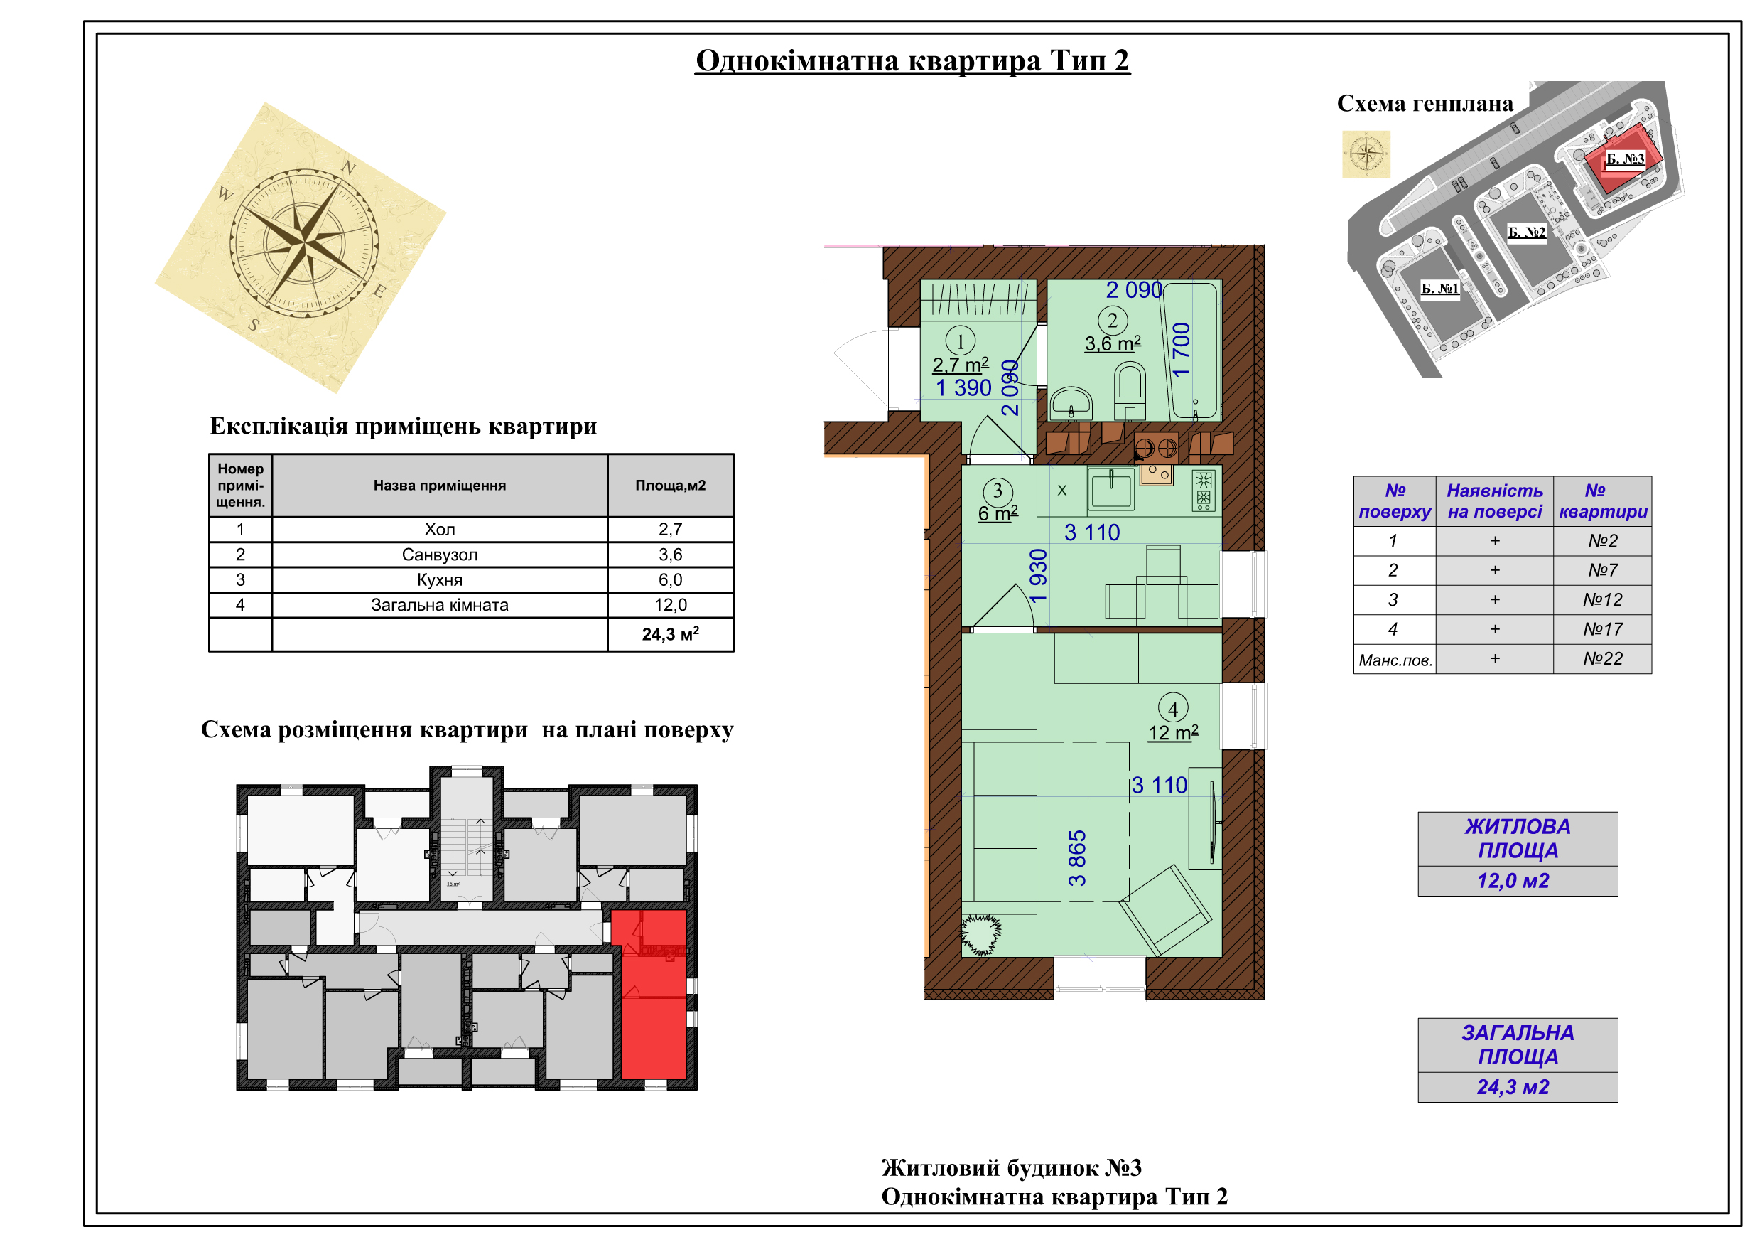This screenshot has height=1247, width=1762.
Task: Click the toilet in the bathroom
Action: [x=1130, y=391]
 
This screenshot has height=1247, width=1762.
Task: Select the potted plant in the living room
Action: [x=980, y=934]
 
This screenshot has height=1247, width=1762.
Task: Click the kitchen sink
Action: [x=1110, y=489]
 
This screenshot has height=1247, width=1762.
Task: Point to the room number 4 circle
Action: [x=1172, y=708]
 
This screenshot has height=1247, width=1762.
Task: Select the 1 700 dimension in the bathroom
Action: [x=1181, y=349]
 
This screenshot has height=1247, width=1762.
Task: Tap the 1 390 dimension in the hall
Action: [x=964, y=387]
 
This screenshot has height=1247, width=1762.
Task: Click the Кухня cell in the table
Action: [x=440, y=579]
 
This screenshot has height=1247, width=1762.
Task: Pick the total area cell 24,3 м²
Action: [x=670, y=634]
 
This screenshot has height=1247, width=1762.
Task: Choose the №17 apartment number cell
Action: [x=1602, y=630]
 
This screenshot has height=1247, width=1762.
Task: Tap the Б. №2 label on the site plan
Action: [x=1526, y=232]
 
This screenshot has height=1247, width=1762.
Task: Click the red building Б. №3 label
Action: [x=1626, y=159]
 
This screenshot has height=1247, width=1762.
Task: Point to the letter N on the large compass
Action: [x=348, y=167]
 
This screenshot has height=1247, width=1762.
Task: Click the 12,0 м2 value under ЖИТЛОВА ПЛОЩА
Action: [x=1513, y=881]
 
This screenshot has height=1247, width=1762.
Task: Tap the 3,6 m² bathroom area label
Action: [x=1113, y=343]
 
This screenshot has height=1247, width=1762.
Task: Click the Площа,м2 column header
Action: [x=670, y=486]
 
